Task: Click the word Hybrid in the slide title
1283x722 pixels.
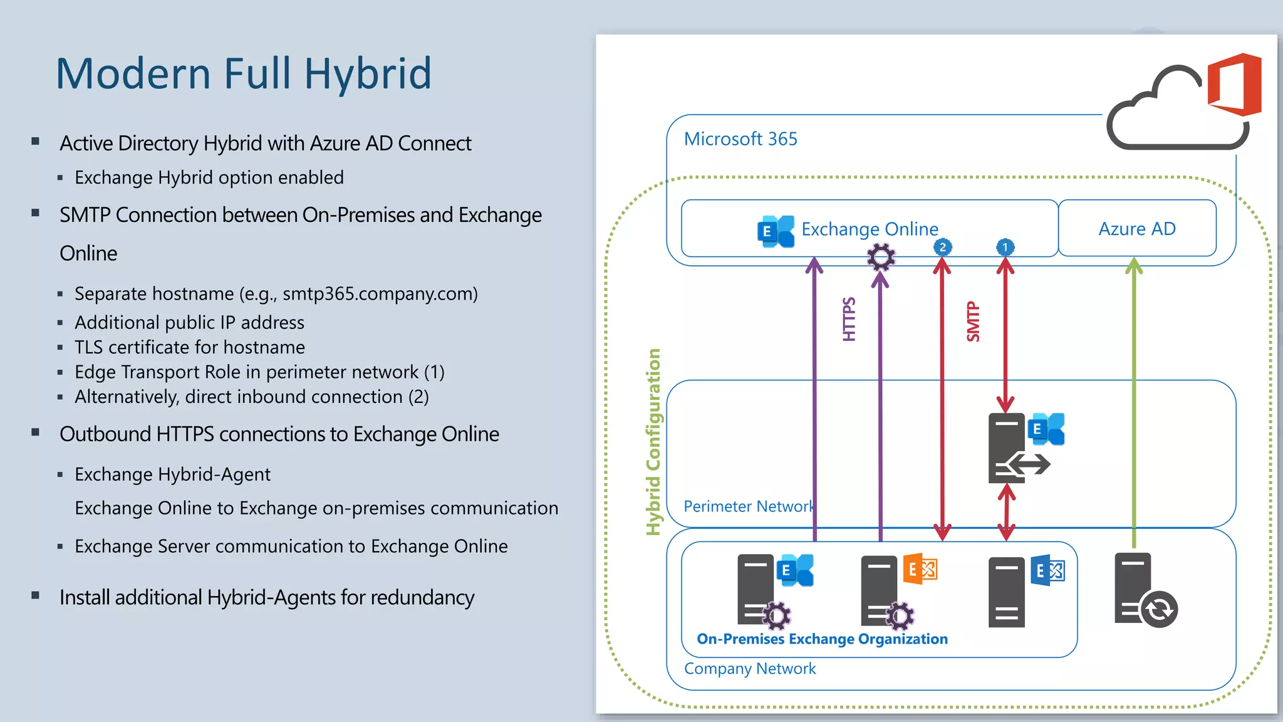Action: coord(368,74)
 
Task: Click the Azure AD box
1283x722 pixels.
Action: coord(1136,228)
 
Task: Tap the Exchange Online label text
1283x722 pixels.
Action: coord(870,229)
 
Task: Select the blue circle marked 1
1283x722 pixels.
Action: coord(1005,247)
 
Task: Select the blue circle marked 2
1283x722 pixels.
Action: coord(942,247)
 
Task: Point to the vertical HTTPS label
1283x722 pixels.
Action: coord(849,319)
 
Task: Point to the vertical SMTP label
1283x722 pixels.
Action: coord(973,322)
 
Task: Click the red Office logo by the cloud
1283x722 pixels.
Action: coord(1235,85)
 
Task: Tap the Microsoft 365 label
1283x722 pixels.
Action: coord(740,139)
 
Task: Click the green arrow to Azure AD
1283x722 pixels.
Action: coord(1134,401)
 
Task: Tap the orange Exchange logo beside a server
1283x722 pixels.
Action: coord(920,568)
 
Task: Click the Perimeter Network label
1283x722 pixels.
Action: coord(749,506)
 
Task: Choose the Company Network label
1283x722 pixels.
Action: coord(750,669)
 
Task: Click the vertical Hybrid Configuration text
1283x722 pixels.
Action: coord(653,442)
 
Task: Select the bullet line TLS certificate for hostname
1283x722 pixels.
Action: coord(190,347)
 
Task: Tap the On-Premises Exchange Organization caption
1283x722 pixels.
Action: coord(822,639)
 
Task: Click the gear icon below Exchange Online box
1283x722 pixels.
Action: coord(881,256)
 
